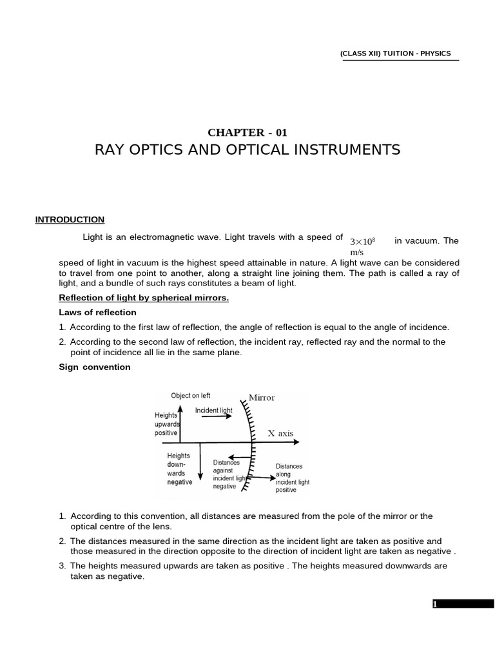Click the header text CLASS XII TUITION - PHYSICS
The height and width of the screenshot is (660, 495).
point(395,53)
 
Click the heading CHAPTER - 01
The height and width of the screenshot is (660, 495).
point(247,133)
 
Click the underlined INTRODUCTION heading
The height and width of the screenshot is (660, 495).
point(70,220)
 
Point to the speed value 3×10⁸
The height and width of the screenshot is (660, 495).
point(362,241)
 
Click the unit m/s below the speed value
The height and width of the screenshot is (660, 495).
point(357,253)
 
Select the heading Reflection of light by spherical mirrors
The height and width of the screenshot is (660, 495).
point(144,298)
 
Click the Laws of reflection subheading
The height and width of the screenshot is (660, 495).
point(97,313)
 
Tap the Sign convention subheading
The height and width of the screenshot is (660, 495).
point(95,367)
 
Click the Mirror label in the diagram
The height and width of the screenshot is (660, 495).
point(262,398)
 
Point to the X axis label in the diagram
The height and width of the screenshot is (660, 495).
point(280,434)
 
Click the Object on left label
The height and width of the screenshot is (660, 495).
point(190,396)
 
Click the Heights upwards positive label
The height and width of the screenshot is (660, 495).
point(166,424)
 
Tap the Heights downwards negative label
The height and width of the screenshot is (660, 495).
point(179,469)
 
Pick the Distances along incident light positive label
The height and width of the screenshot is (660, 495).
point(293,478)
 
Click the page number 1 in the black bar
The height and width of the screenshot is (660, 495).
point(436,604)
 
